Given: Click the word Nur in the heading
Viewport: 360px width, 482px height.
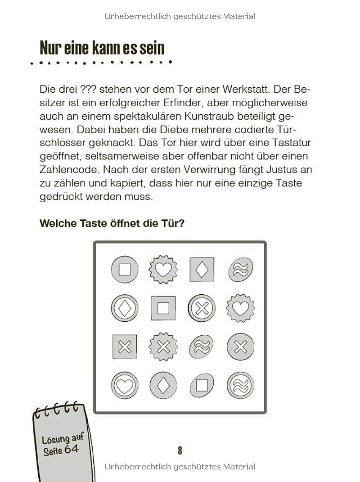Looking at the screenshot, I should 50,48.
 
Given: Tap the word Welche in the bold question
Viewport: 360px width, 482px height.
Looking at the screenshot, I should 56,223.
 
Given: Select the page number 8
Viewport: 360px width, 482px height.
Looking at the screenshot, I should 180,450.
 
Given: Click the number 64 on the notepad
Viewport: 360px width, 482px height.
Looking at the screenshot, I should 71,449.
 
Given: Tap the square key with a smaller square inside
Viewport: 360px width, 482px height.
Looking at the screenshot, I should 163,308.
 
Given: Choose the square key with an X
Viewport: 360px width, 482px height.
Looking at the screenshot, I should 125,347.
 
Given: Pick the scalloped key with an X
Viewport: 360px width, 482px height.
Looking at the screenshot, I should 163,347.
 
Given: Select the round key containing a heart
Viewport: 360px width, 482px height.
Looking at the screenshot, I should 125,386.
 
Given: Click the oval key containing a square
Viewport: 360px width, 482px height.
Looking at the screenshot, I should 202,386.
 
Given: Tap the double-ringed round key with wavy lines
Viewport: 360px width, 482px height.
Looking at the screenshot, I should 240,386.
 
